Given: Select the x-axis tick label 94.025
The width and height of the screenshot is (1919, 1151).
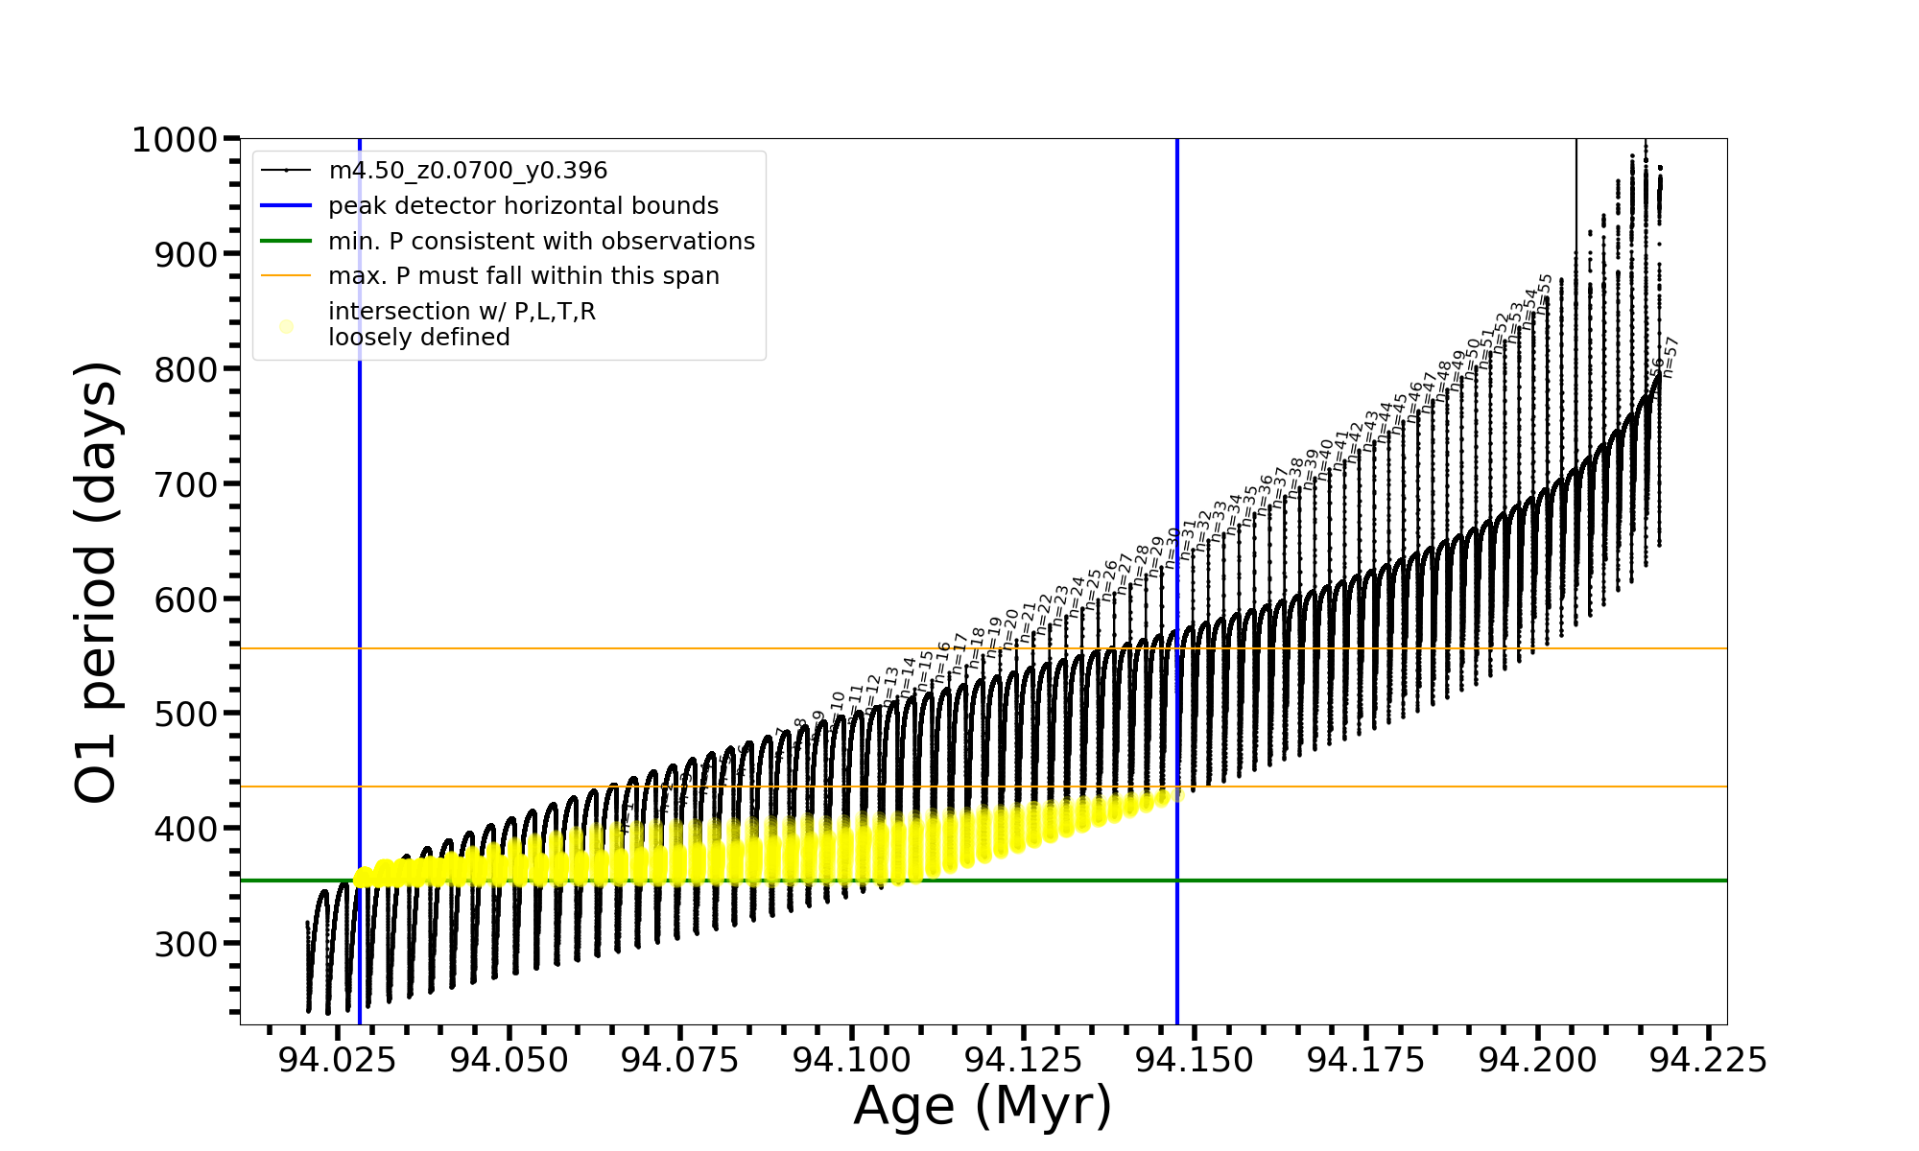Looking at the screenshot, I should click(337, 1060).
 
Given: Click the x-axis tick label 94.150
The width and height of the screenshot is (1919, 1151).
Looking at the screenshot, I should click(1195, 1060).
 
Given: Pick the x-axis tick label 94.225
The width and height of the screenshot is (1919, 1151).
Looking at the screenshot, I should click(1709, 1060).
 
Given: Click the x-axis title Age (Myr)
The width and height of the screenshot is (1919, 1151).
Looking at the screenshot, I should click(983, 1106).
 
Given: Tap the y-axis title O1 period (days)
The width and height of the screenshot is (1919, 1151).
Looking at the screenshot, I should click(97, 582).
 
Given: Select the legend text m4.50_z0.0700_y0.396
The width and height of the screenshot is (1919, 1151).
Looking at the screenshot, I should click(467, 171).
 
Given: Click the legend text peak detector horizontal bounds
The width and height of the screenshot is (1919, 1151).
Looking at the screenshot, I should click(523, 206).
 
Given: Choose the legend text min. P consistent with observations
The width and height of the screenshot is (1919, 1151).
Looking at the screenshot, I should click(541, 242).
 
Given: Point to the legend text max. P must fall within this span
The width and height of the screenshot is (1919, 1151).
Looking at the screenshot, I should click(523, 276).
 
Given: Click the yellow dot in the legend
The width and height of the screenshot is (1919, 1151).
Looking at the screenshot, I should click(286, 326).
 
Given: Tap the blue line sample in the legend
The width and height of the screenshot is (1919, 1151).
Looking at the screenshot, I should click(286, 206).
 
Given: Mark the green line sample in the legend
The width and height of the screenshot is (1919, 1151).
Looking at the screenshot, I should click(286, 242).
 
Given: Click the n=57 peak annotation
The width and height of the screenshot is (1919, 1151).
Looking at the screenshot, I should click(1670, 357).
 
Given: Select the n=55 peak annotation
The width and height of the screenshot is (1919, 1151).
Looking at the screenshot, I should click(1545, 294).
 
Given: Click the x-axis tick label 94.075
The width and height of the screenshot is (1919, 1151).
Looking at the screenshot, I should click(679, 1060).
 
